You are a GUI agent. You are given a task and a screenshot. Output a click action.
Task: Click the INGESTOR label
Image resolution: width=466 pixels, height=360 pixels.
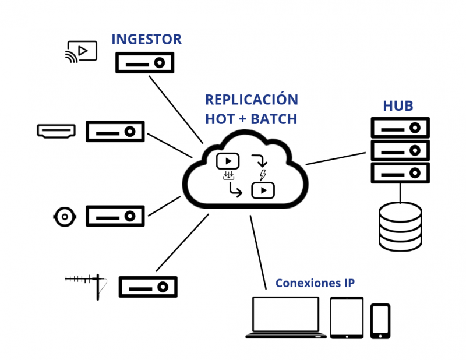(x=146, y=40)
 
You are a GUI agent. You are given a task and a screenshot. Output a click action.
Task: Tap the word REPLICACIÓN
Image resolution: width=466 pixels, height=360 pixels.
(x=251, y=99)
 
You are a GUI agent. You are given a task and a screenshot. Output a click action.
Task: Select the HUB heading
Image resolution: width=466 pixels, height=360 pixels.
(x=398, y=106)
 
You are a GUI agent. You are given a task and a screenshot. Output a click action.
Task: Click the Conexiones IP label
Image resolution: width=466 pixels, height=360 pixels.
(x=315, y=284)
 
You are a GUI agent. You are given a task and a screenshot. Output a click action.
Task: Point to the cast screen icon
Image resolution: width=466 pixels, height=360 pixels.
(x=81, y=52)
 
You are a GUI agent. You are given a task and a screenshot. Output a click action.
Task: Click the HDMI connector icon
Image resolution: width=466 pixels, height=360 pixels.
(x=56, y=131)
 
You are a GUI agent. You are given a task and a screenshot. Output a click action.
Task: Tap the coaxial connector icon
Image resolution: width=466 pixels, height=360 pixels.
(x=64, y=217)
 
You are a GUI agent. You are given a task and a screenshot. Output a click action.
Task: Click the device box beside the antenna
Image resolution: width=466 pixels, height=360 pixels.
(x=148, y=287)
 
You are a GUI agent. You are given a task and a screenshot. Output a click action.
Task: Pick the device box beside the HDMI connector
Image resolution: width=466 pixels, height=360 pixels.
(x=115, y=132)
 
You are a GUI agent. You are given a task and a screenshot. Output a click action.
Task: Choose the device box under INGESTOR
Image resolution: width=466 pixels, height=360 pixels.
(x=144, y=62)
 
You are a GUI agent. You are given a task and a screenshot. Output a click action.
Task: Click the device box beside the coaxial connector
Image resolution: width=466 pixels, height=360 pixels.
(x=115, y=216)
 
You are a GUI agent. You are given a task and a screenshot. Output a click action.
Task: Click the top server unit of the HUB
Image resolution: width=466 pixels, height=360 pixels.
(x=400, y=128)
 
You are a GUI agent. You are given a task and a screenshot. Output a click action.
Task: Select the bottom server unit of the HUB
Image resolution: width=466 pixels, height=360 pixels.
(x=400, y=173)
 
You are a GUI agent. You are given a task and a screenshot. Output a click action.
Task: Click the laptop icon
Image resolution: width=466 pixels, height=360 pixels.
(x=285, y=317)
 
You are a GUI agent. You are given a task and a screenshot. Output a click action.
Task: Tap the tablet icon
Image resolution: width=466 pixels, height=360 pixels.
(x=347, y=317)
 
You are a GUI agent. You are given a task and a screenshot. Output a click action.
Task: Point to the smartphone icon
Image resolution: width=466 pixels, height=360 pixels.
(x=380, y=320)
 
